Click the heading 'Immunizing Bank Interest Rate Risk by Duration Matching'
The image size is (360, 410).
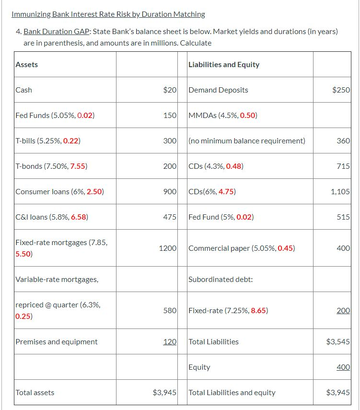(x=108, y=14)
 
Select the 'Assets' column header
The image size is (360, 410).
(x=27, y=64)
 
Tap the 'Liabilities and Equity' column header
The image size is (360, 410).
(x=224, y=64)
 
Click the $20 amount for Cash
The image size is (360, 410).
(x=170, y=90)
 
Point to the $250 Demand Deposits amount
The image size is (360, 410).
(x=341, y=90)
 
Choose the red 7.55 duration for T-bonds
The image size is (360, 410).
(x=78, y=166)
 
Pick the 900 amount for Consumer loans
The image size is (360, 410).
(x=170, y=191)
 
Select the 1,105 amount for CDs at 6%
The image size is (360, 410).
(x=340, y=191)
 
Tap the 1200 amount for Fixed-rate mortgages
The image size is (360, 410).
(x=168, y=248)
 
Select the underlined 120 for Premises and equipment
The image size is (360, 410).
(x=170, y=341)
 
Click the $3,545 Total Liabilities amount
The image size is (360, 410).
(x=338, y=341)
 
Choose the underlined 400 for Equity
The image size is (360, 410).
(x=343, y=367)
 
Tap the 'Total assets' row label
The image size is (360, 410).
(x=35, y=392)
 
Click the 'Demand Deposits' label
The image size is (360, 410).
(x=219, y=90)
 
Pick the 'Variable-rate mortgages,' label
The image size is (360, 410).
(x=57, y=279)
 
